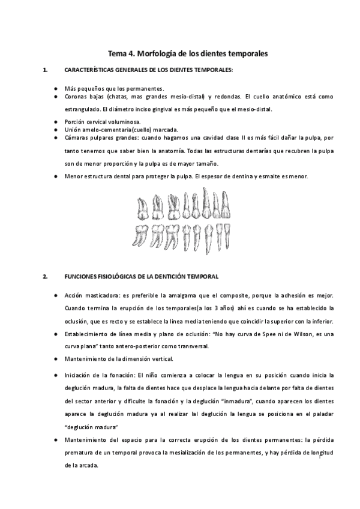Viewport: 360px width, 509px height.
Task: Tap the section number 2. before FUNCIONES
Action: click(x=45, y=277)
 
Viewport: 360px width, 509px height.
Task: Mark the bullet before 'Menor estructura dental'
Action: click(x=55, y=176)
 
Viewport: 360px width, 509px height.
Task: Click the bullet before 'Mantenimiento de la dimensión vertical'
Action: click(x=55, y=359)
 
